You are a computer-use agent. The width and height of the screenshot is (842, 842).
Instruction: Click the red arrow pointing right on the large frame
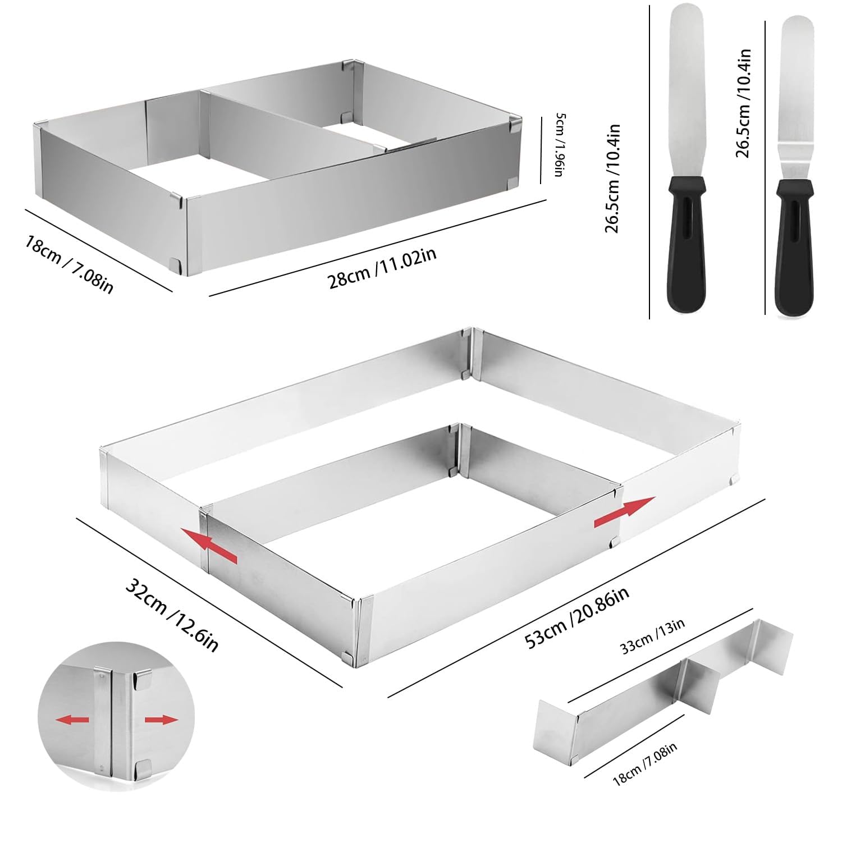click(624, 512)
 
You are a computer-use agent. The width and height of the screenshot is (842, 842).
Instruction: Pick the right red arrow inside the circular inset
click(161, 720)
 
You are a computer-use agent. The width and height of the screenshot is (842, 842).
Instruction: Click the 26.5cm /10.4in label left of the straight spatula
click(612, 179)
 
